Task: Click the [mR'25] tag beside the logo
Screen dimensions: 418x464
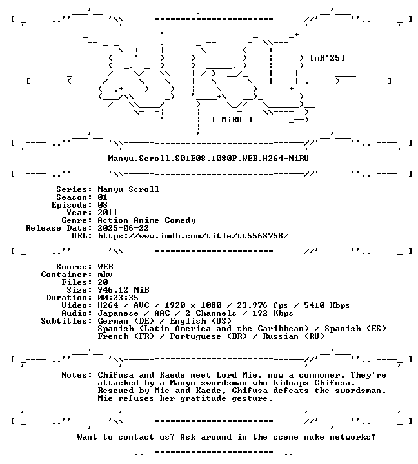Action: pos(327,58)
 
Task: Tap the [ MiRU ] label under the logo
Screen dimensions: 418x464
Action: pos(232,120)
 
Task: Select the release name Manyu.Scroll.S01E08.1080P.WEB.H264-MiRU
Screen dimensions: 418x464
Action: pos(208,159)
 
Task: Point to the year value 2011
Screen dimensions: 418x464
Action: pos(108,213)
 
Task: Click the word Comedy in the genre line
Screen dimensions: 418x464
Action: pos(180,220)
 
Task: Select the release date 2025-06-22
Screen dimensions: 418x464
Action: pos(123,228)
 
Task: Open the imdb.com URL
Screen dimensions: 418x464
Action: pos(193,236)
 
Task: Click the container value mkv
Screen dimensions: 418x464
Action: pos(105,275)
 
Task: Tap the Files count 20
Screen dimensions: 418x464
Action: pos(103,282)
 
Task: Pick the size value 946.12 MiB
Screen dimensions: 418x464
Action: pos(123,290)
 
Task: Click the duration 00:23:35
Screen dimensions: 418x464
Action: pos(118,298)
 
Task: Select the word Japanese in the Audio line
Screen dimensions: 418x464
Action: pos(118,313)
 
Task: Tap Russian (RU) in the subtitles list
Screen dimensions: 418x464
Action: pos(294,336)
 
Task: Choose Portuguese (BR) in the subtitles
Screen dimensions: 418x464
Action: pos(208,336)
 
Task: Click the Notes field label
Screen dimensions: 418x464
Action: pos(77,375)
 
